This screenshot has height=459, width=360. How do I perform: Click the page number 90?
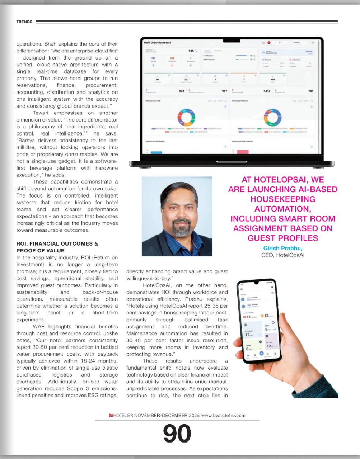pos(177,434)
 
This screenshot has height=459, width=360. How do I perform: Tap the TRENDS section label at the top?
pos(24,22)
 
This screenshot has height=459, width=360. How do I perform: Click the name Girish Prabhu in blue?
pos(282,248)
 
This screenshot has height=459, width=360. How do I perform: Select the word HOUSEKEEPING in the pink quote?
pos(282,199)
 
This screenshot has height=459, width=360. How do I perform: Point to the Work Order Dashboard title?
pos(157,43)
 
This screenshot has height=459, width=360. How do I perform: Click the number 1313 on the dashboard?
pos(267,91)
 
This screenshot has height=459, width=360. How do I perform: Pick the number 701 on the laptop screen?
pos(310,91)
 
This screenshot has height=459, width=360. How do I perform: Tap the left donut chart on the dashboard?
pos(186,117)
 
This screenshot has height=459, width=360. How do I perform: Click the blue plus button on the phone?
pos(261,353)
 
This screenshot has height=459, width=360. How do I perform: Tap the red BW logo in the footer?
pos(111,415)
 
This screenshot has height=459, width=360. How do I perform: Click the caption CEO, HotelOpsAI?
pos(282,255)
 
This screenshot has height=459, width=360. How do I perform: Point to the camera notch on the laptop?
pos(231,41)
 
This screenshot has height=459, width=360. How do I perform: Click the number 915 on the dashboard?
pos(191,51)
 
